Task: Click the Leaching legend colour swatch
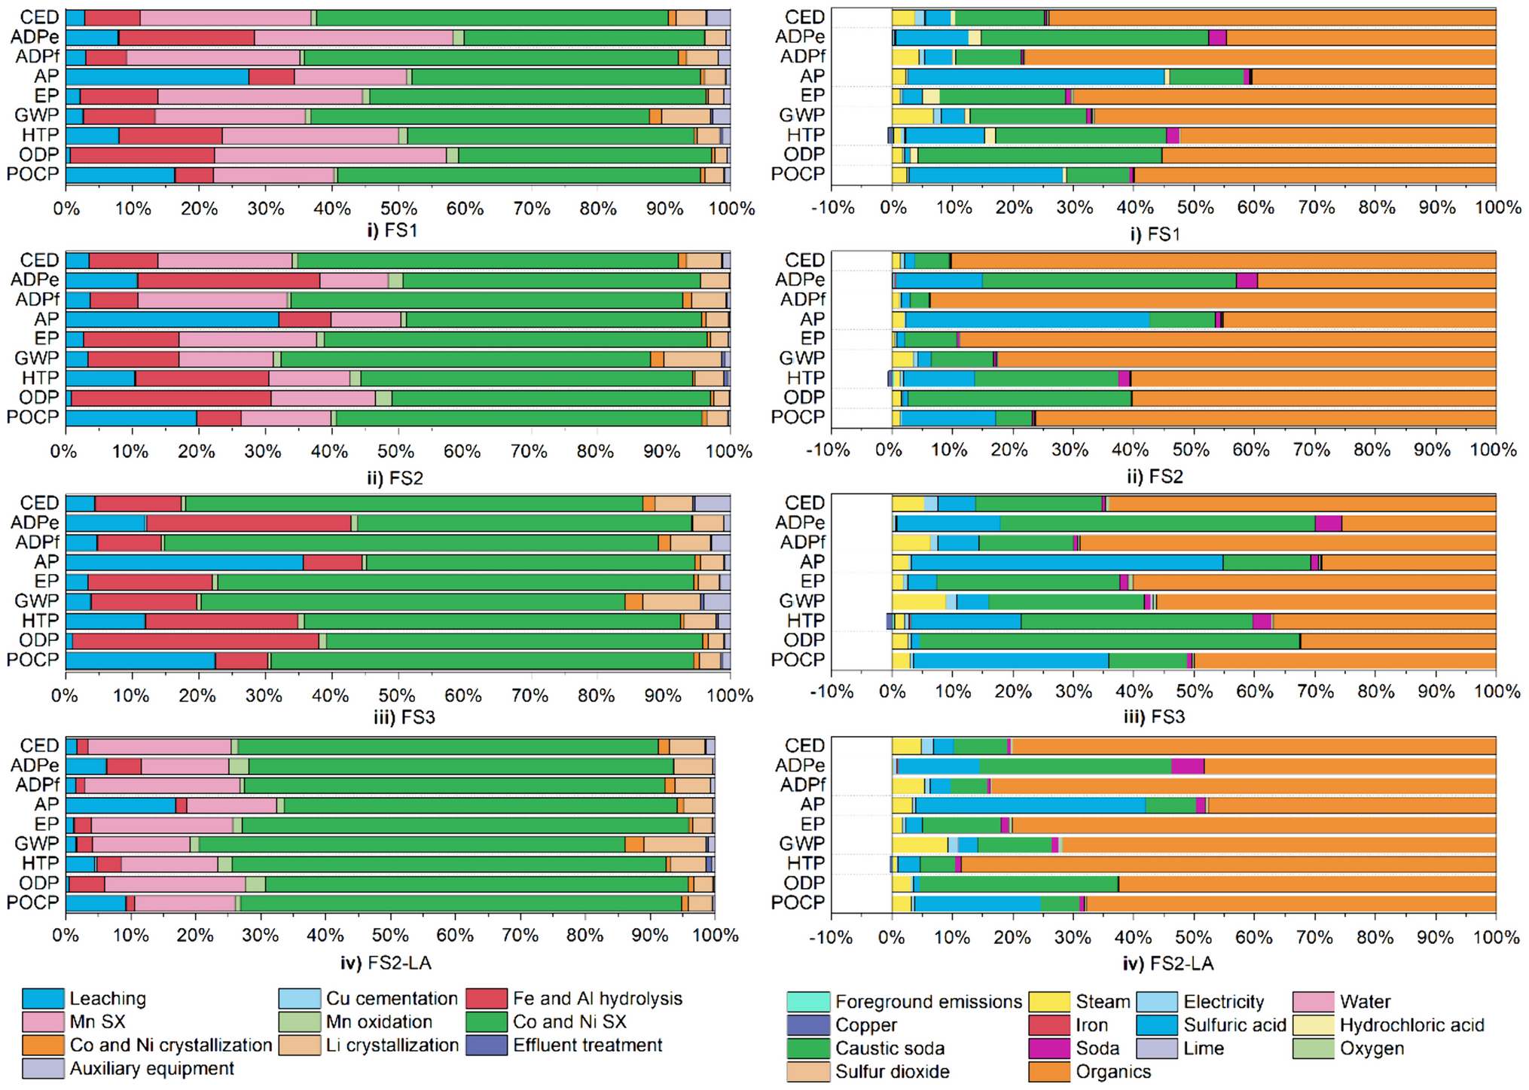pyautogui.click(x=43, y=999)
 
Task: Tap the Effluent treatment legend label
pyautogui.click(x=587, y=1046)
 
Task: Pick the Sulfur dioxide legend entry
pyautogui.click(x=892, y=1072)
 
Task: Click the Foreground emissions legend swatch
pyautogui.click(x=808, y=1002)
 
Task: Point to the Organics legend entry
pyautogui.click(x=1112, y=1072)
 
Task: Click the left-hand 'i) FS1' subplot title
pyautogui.click(x=392, y=231)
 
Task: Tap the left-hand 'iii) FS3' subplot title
pyautogui.click(x=404, y=717)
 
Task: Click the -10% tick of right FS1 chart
pyautogui.click(x=832, y=208)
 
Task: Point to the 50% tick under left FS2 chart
pyautogui.click(x=396, y=451)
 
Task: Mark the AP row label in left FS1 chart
pyautogui.click(x=46, y=76)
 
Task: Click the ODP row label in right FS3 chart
pyautogui.click(x=804, y=640)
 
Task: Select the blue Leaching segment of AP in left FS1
pyautogui.click(x=157, y=76)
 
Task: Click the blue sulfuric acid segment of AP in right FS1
pyautogui.click(x=1036, y=76)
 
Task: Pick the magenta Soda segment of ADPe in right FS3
pyautogui.click(x=1328, y=524)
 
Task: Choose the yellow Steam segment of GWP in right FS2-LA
pyautogui.click(x=919, y=844)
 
